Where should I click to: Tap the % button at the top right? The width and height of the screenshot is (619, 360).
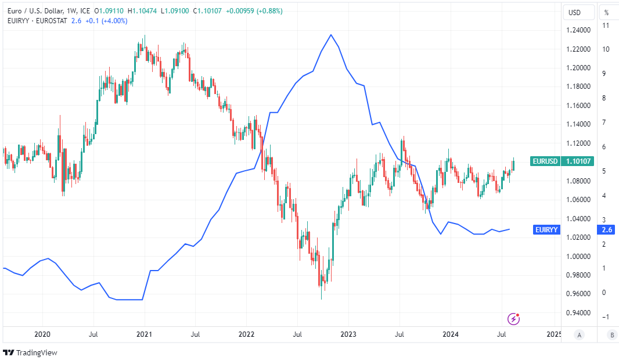[606, 12]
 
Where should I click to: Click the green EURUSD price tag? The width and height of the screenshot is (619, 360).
[545, 161]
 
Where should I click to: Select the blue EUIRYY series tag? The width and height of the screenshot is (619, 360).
[546, 230]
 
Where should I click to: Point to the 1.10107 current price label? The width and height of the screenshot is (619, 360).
[578, 161]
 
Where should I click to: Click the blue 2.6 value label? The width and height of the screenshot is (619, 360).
[606, 230]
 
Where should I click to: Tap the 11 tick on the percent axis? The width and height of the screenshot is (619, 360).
[606, 26]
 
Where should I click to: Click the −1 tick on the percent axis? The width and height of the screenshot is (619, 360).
[606, 316]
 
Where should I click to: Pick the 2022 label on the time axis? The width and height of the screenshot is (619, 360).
[247, 334]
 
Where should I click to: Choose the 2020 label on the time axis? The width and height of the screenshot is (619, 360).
[42, 334]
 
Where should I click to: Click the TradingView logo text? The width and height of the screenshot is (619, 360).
[37, 352]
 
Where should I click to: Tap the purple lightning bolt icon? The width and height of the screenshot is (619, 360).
[513, 318]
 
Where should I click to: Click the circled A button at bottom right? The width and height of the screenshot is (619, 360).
[579, 334]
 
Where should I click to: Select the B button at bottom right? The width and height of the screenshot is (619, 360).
[611, 334]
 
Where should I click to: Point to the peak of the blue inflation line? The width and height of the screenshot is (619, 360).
[331, 35]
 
